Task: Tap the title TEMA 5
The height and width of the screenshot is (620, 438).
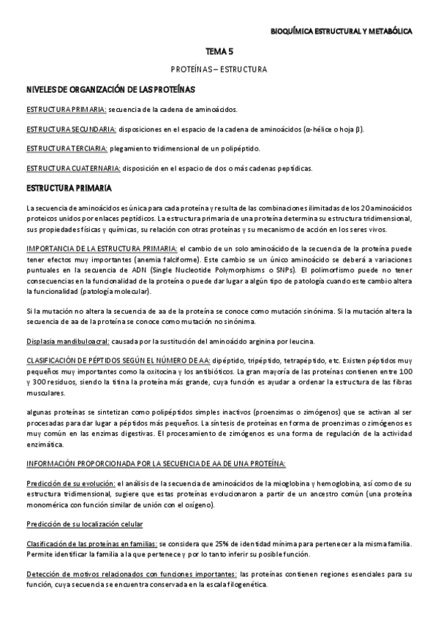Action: (x=219, y=52)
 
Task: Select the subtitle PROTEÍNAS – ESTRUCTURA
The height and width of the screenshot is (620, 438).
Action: (x=219, y=70)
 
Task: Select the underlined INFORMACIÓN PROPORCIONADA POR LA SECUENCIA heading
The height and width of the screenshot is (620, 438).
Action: (x=156, y=464)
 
